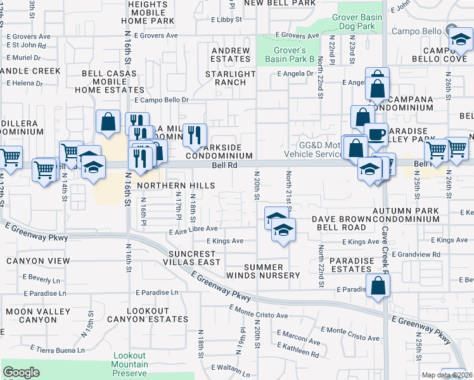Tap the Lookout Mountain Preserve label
[131, 364]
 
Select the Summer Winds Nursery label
[263, 271]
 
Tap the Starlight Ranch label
[230, 78]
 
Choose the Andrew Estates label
[231, 54]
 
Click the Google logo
[21, 372]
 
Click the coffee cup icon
[376, 134]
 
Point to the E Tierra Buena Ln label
[54, 350]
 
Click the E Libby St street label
[222, 20]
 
